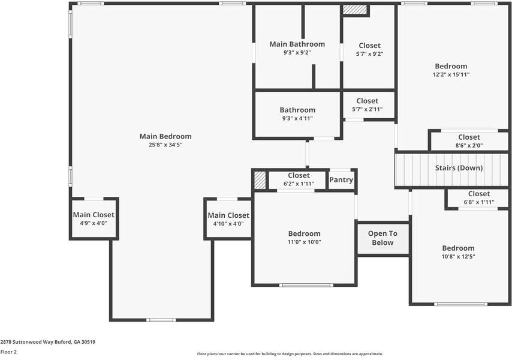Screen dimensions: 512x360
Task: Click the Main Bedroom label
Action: click(x=165, y=136)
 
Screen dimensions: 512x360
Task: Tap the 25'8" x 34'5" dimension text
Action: click(x=165, y=145)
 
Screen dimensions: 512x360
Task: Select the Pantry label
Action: click(x=341, y=179)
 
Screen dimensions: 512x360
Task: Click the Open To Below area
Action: click(x=383, y=238)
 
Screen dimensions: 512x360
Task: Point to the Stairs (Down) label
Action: click(x=459, y=168)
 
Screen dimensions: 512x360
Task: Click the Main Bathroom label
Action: click(x=297, y=44)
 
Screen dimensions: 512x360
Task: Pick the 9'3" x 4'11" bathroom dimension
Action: click(x=297, y=118)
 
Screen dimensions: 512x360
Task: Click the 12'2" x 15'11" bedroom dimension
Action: click(x=451, y=74)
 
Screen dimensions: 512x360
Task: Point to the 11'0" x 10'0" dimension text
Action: click(x=305, y=242)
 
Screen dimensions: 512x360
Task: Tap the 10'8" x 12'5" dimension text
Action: click(x=458, y=256)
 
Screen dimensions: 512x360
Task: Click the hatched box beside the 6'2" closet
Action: click(x=260, y=181)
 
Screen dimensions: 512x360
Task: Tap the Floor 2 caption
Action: click(x=8, y=352)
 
